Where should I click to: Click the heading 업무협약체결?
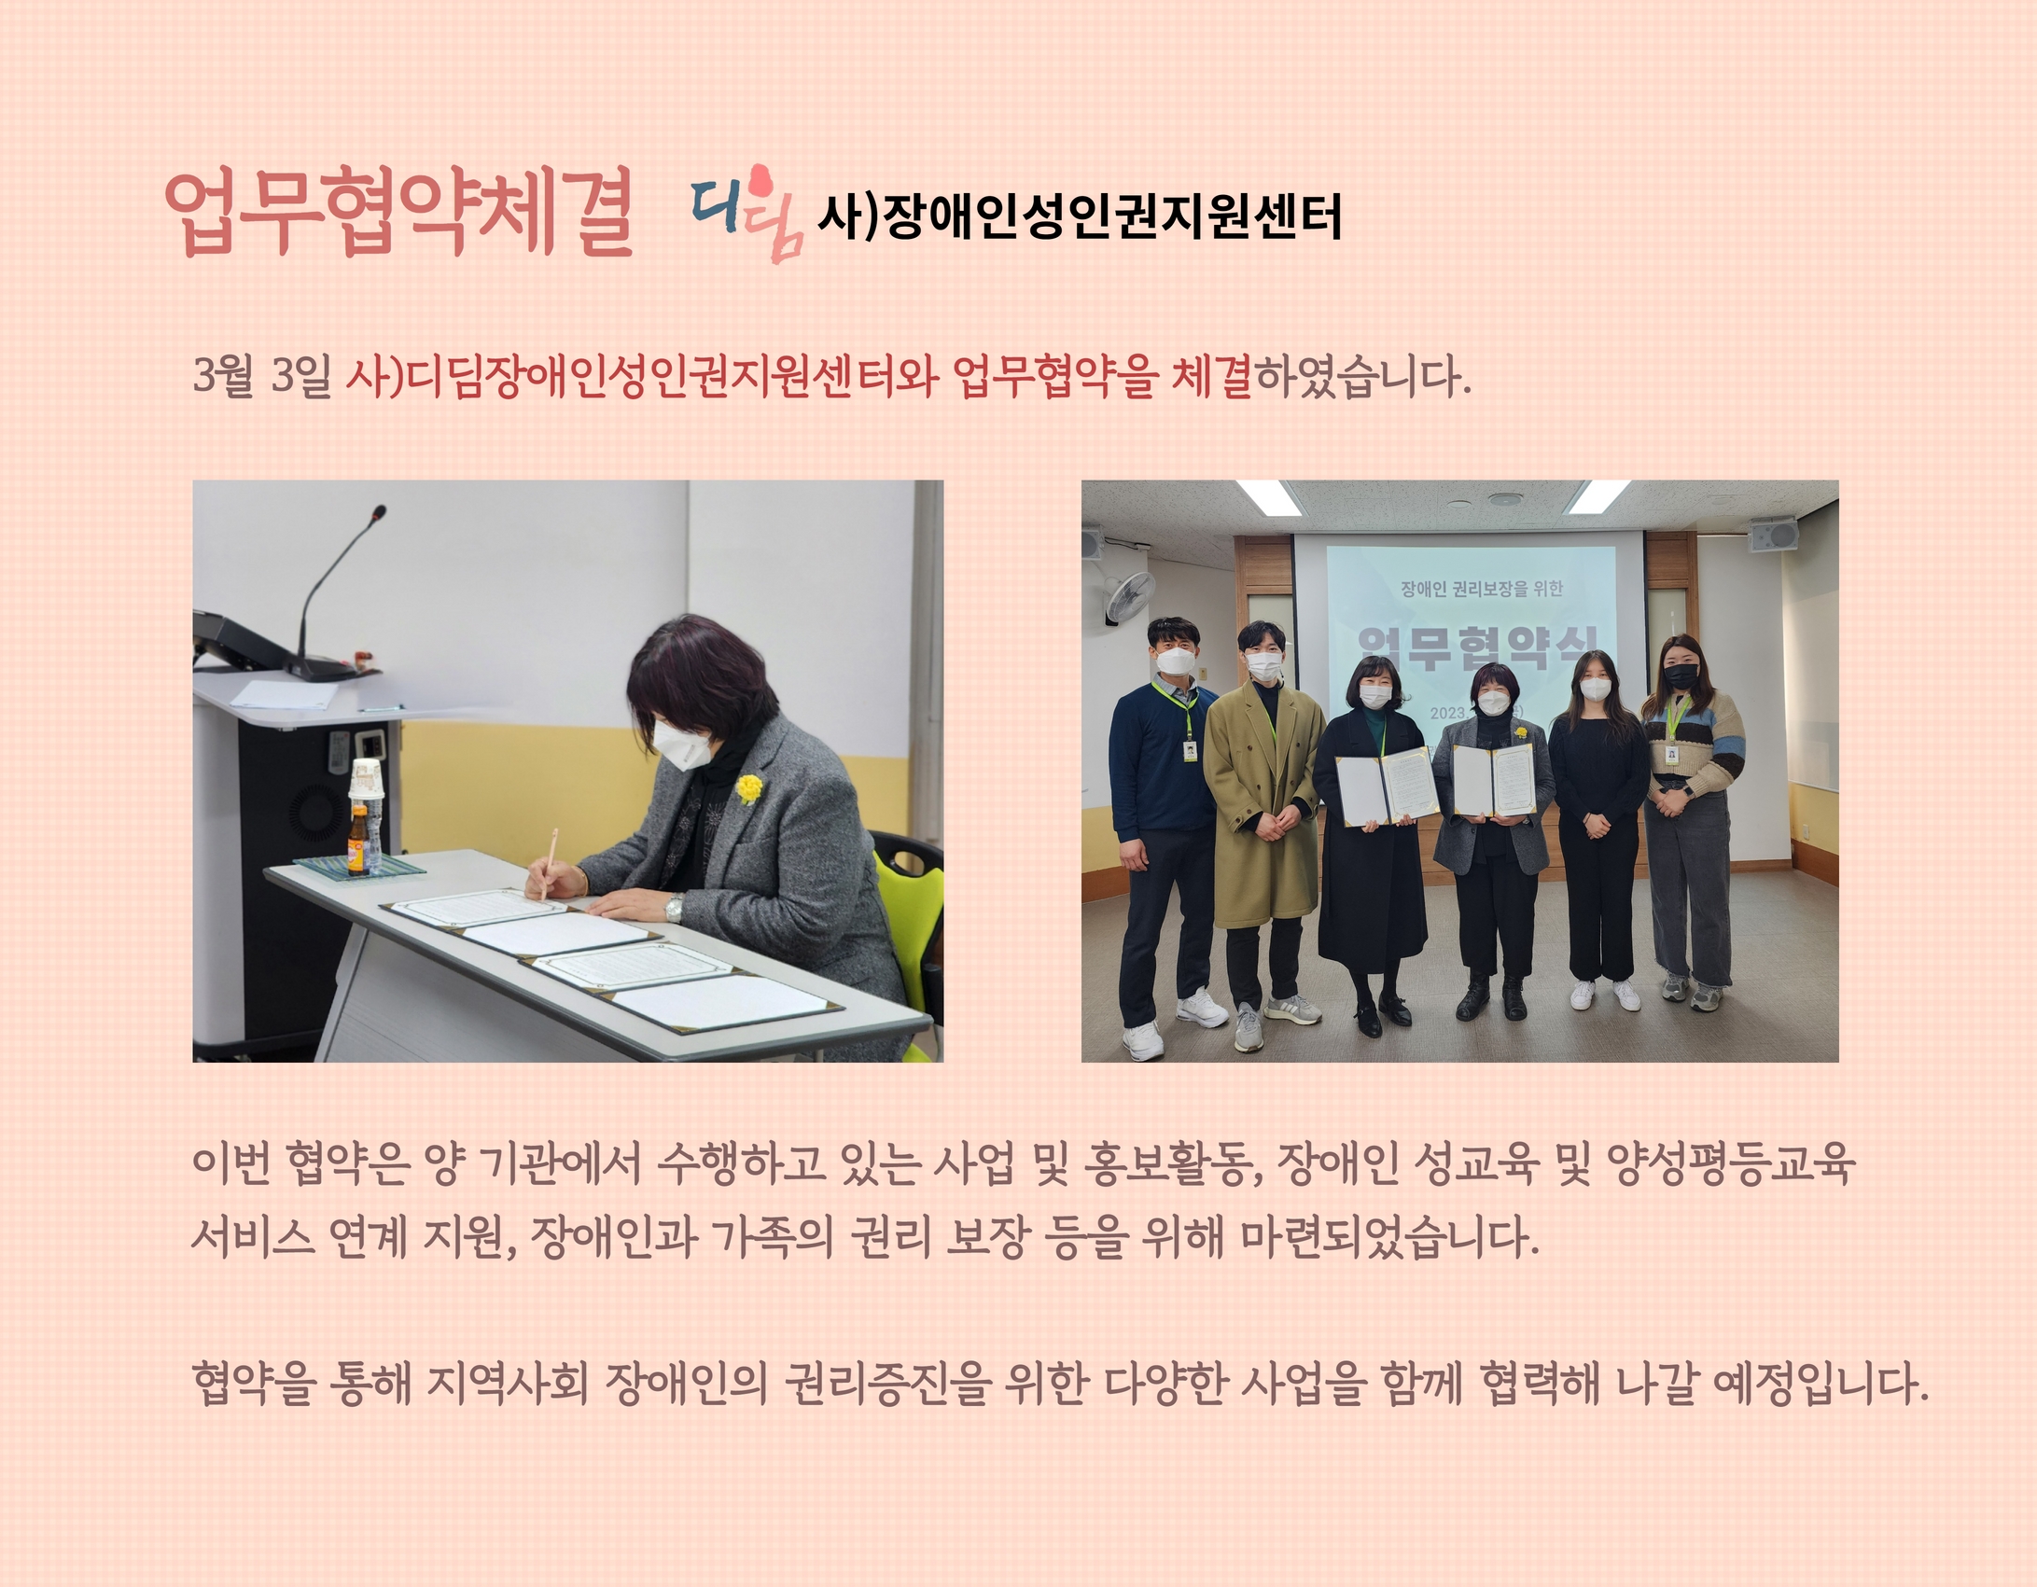pyautogui.click(x=399, y=213)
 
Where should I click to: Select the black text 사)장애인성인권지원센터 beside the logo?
pyautogui.click(x=1080, y=216)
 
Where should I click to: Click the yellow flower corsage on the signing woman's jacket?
pyautogui.click(x=748, y=788)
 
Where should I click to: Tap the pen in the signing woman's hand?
pyautogui.click(x=548, y=863)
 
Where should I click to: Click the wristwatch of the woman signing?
pyautogui.click(x=674, y=907)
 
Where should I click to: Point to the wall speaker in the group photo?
pyautogui.click(x=1773, y=536)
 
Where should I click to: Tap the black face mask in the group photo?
pyautogui.click(x=1681, y=676)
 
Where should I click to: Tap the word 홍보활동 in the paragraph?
pyautogui.click(x=1172, y=1163)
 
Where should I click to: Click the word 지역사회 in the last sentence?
pyautogui.click(x=508, y=1383)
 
